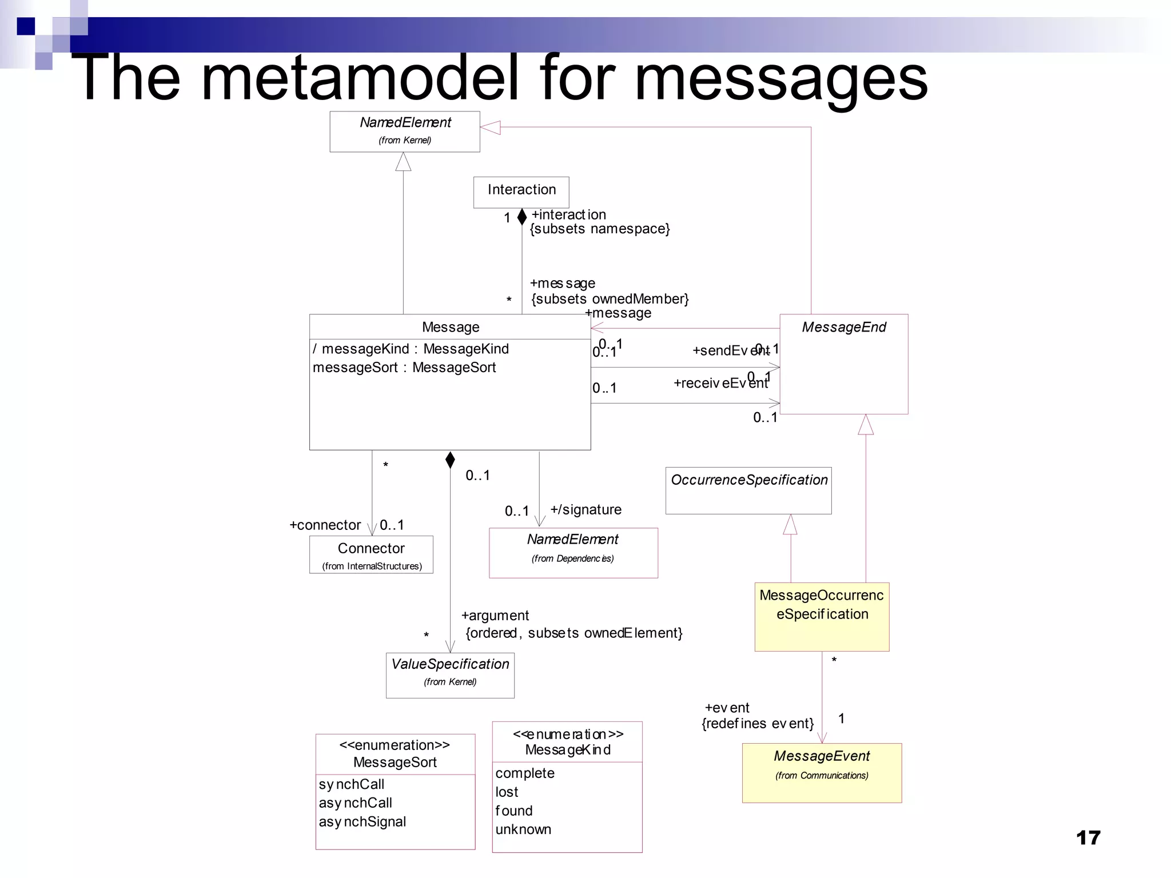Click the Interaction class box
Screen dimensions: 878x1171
pyautogui.click(x=521, y=191)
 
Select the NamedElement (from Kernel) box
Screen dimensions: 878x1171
pyautogui.click(x=405, y=131)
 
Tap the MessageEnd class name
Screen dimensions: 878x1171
pyautogui.click(x=843, y=327)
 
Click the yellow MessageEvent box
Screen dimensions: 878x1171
pyautogui.click(x=822, y=772)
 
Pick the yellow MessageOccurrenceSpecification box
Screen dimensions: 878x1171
pyautogui.click(x=822, y=616)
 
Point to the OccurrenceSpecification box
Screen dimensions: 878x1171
pyautogui.click(x=748, y=490)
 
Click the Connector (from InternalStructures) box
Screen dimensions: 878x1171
pyautogui.click(x=371, y=554)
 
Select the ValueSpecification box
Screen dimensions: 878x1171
pyautogui.click(x=450, y=675)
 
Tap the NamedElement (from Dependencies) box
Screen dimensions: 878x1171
pyautogui.click(x=573, y=552)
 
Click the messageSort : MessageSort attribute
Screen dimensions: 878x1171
pyautogui.click(x=404, y=368)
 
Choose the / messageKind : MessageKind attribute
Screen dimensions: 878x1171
pyautogui.click(x=410, y=349)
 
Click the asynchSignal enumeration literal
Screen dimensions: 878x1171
pyautogui.click(x=362, y=821)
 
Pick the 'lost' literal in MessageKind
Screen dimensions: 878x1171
pyautogui.click(x=507, y=792)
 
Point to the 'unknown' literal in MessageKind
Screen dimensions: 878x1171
pyautogui.click(x=523, y=829)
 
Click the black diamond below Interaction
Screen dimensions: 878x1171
pyautogui.click(x=521, y=217)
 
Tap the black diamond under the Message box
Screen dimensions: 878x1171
pyautogui.click(x=450, y=460)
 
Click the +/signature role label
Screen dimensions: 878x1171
pyautogui.click(x=585, y=509)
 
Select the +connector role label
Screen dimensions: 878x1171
pyautogui.click(x=325, y=525)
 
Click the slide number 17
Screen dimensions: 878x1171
pyautogui.click(x=1088, y=838)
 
